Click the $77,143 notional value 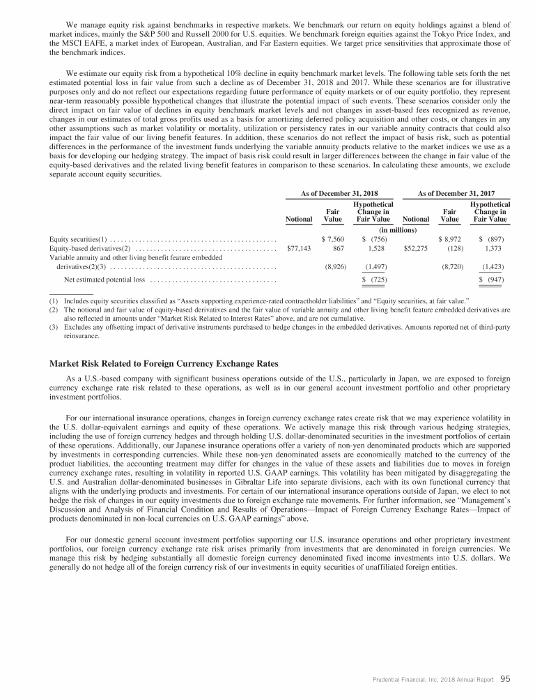tap(299, 248)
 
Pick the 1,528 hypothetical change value tap(377, 248)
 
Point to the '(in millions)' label tap(397, 229)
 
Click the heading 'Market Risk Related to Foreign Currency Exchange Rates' tap(164, 363)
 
